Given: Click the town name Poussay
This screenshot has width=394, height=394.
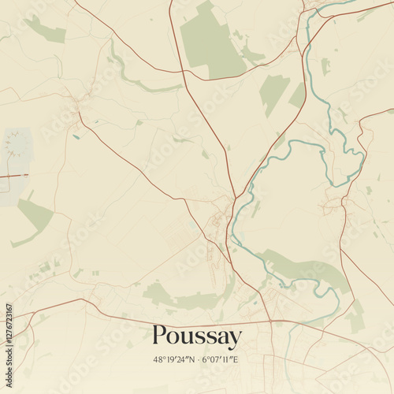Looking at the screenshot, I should pos(197,337).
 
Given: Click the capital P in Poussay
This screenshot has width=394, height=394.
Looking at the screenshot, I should pos(160,336).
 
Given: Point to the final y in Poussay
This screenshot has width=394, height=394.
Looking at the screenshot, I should pos(235,340).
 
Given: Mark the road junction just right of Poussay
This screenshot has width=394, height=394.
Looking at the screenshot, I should pos(270,322).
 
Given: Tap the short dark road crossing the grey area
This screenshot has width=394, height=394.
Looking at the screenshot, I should pos(13,176).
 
